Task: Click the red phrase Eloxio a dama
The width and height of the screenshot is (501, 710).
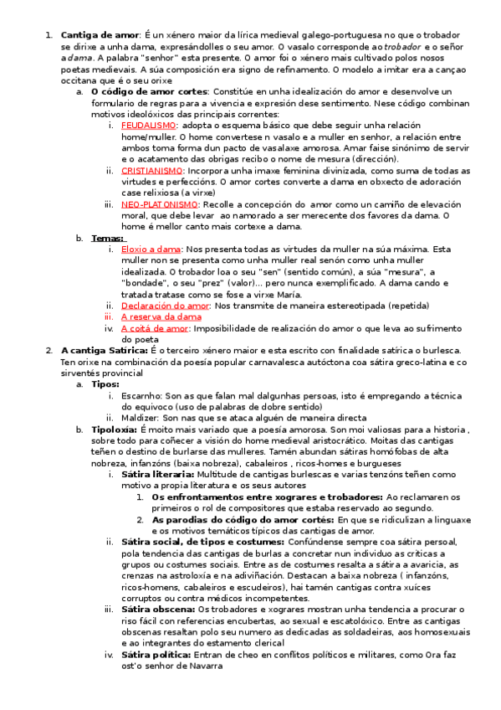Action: [151, 249]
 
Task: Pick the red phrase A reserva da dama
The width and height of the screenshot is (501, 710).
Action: [161, 317]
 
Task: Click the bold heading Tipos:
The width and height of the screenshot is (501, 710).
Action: [105, 384]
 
